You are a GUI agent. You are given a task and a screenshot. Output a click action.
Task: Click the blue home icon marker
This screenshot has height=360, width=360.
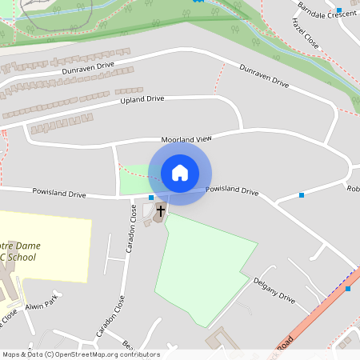(x=180, y=172)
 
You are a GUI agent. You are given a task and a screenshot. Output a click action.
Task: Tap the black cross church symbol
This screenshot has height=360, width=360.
(x=160, y=211)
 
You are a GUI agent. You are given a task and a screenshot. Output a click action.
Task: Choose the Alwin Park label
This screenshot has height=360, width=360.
(x=41, y=303)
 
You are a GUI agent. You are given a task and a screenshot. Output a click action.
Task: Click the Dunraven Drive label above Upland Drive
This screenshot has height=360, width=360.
(x=89, y=69)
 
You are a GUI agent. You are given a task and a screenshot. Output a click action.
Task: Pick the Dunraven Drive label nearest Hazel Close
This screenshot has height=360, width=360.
(x=264, y=74)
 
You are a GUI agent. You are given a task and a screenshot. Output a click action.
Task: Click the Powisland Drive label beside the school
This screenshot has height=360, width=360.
(x=58, y=194)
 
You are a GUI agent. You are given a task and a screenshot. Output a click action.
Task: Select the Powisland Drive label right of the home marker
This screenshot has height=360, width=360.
(x=232, y=191)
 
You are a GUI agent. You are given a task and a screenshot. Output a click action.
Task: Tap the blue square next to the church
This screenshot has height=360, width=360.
(x=151, y=198)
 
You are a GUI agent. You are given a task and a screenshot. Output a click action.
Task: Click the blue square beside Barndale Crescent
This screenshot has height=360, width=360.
(x=339, y=10)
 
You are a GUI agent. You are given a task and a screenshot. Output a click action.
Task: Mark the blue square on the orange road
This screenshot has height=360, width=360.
(x=348, y=288)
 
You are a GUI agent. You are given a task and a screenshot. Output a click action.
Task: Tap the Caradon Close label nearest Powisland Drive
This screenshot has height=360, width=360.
(x=131, y=233)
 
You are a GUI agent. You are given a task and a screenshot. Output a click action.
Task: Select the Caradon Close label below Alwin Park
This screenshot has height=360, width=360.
(x=110, y=314)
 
